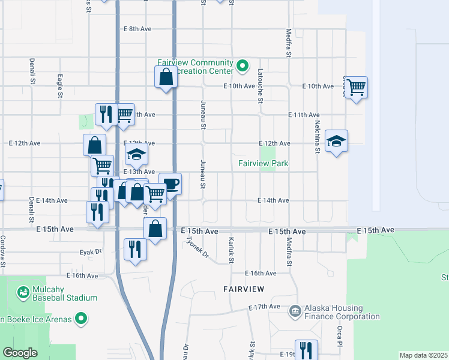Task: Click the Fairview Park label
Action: coord(263,163)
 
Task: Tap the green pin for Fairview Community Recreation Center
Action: coord(243,66)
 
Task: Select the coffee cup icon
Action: coord(170,184)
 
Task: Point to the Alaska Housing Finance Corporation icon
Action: coord(295,310)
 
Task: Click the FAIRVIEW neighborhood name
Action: coord(244,289)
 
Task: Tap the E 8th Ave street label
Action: coord(137,29)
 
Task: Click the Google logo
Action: coord(20,353)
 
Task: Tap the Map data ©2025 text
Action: coord(423,355)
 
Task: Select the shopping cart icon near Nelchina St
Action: coord(357,87)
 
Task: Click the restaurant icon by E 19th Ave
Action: coord(306,350)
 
